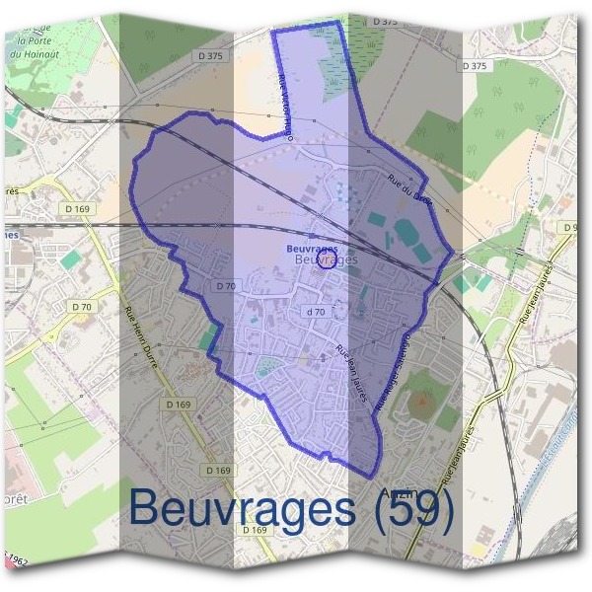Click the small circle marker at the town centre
click(x=330, y=259)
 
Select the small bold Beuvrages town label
click(x=312, y=249)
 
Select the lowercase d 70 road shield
click(x=316, y=312)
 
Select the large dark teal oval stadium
click(x=407, y=233)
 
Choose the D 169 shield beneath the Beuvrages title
click(x=254, y=530)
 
